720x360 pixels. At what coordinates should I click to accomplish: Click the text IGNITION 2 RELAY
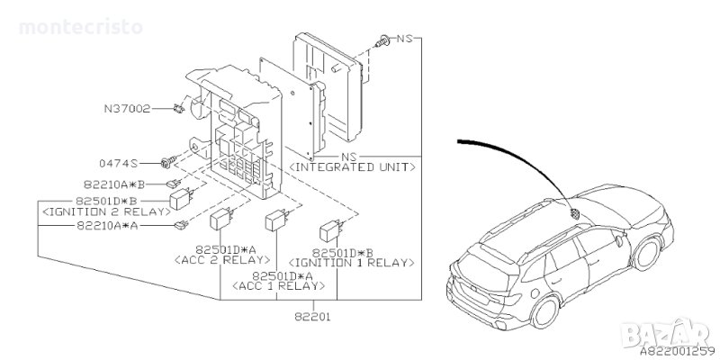coord(104,211)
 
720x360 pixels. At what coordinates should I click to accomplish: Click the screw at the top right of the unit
coord(385,40)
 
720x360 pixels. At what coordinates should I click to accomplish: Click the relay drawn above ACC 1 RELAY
coord(275,221)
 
